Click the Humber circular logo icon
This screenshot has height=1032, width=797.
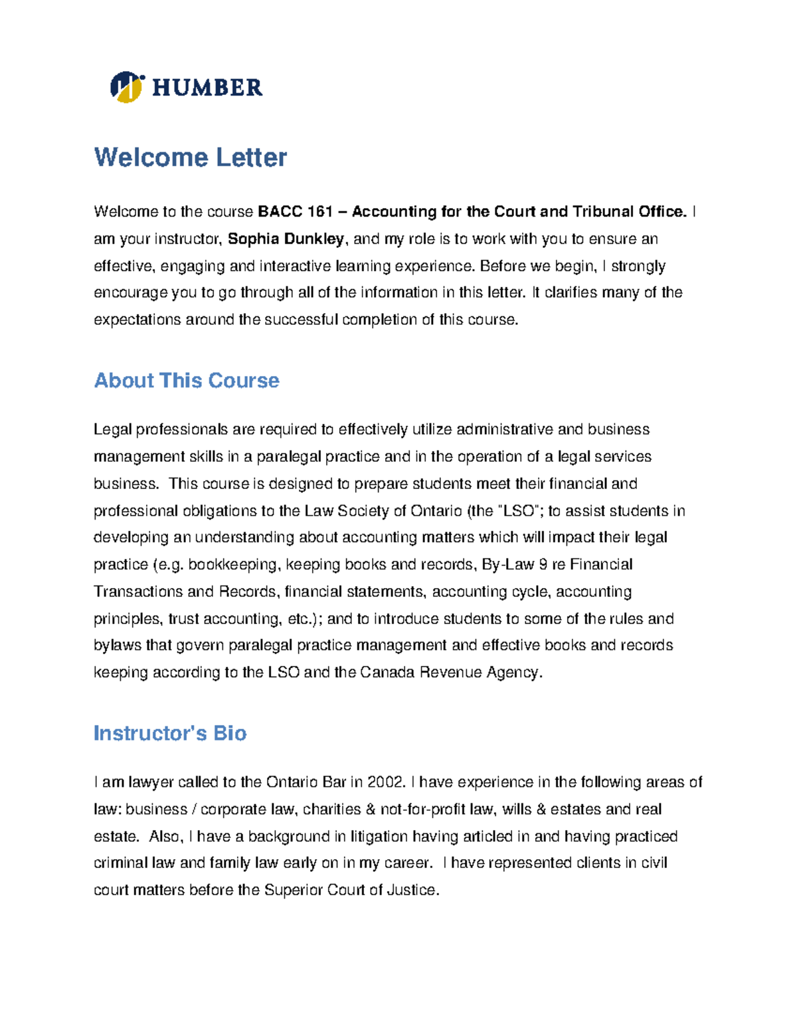tap(127, 87)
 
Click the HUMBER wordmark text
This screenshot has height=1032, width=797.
tap(207, 88)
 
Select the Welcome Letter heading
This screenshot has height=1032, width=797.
tap(191, 157)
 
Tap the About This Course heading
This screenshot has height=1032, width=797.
tap(187, 380)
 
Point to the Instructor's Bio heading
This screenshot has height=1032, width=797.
tap(170, 733)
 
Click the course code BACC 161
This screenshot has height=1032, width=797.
tap(295, 212)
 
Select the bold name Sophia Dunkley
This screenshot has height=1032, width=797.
tap(286, 239)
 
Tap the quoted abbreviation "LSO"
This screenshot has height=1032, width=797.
tap(519, 511)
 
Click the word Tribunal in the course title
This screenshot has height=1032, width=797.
tap(602, 212)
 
